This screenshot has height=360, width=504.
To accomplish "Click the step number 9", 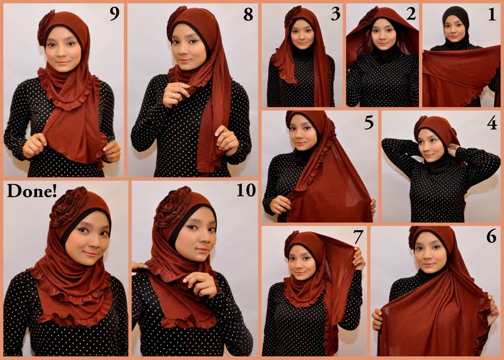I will [x=113, y=14].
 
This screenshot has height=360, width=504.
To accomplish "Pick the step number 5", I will [x=368, y=122].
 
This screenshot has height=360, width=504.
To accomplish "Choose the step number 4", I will [x=491, y=122].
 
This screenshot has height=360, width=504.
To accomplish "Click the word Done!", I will [x=30, y=190].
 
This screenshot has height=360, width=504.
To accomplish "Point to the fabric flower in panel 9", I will [x=47, y=27].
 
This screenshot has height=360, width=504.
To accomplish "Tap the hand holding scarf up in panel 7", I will [x=360, y=257].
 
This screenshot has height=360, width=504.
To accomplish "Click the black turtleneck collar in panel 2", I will [x=381, y=55].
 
